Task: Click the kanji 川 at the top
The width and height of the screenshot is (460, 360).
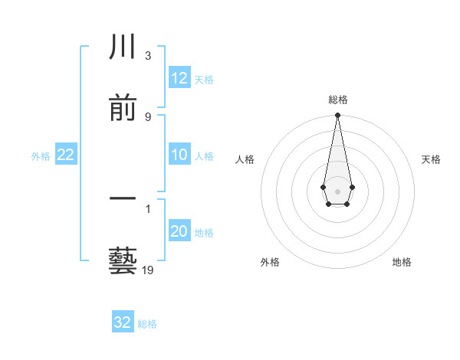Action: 123,48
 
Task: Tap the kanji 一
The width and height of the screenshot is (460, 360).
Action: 123,199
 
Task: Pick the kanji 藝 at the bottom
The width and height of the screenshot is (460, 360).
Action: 123,260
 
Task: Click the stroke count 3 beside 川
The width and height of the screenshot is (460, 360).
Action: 147,56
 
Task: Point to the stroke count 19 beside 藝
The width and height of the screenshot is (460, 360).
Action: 147,270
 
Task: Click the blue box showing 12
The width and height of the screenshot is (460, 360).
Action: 179,78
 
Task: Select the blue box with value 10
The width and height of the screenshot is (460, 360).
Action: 179,155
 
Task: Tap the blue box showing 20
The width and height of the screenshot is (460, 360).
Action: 179,232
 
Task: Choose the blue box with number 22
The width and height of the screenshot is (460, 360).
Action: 66,155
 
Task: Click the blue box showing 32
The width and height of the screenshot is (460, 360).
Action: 123,322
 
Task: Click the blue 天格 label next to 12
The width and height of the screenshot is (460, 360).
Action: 204,79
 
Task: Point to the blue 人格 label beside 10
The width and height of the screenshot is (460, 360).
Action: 204,156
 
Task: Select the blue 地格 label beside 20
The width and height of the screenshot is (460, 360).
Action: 204,233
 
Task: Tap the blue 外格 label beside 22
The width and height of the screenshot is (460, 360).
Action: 41,156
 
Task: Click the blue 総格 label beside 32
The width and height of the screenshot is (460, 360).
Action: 147,323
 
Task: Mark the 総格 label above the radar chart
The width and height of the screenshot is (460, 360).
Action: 337,100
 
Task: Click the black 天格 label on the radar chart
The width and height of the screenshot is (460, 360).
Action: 432,159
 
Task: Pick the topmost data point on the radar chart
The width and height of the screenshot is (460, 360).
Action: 337,116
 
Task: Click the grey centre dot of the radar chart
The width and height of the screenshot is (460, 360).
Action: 337,190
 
